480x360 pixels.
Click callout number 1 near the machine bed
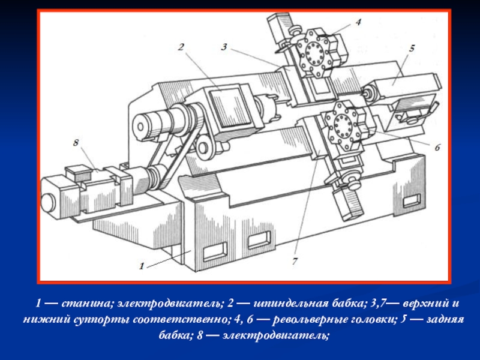click(142, 266)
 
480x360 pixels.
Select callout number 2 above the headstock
click(181, 47)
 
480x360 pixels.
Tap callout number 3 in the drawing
click(224, 47)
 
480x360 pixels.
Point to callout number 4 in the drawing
click(358, 22)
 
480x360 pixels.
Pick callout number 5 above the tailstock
click(412, 48)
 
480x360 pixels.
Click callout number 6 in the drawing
click(437, 147)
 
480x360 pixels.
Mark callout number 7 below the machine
click(295, 261)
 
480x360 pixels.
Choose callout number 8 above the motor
click(76, 142)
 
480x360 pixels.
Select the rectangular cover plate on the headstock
click(230, 107)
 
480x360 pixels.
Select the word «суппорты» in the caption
click(103, 320)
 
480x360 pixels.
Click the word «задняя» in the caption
click(445, 320)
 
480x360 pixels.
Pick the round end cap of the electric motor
click(47, 202)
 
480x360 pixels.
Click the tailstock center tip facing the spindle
click(365, 92)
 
